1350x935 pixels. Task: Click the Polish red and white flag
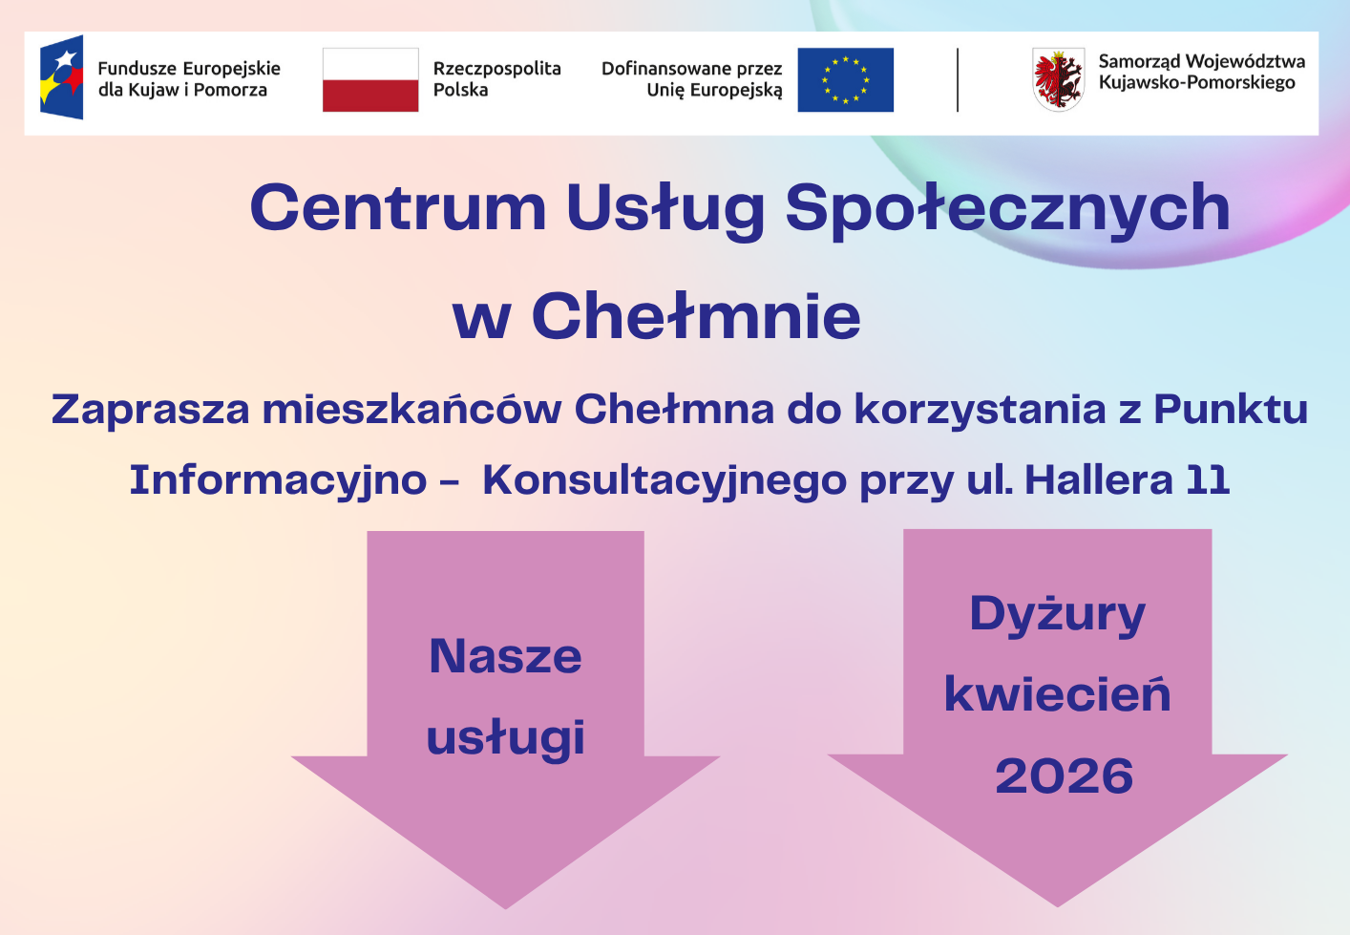point(370,80)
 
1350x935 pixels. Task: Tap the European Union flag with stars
point(845,80)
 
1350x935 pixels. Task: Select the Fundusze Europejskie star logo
point(62,77)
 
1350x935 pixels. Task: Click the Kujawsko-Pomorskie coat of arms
point(1058,80)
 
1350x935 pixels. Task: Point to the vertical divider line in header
point(958,80)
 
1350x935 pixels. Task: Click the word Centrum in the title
point(397,207)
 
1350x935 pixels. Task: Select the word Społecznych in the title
point(1007,209)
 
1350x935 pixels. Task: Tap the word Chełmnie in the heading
point(696,316)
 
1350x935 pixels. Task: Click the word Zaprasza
point(150,409)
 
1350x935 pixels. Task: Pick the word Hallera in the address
point(1099,479)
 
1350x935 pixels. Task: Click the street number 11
point(1208,479)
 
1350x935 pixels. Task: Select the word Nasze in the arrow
point(505,656)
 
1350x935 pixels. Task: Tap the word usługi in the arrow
point(505,738)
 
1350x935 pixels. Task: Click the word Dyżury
point(1057,614)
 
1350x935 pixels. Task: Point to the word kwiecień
point(1057,694)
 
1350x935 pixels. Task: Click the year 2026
point(1064,776)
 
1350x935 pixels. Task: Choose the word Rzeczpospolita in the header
point(496,69)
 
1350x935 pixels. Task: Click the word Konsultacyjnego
point(664,480)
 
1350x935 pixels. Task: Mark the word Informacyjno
point(278,480)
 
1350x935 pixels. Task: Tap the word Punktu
point(1231,409)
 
